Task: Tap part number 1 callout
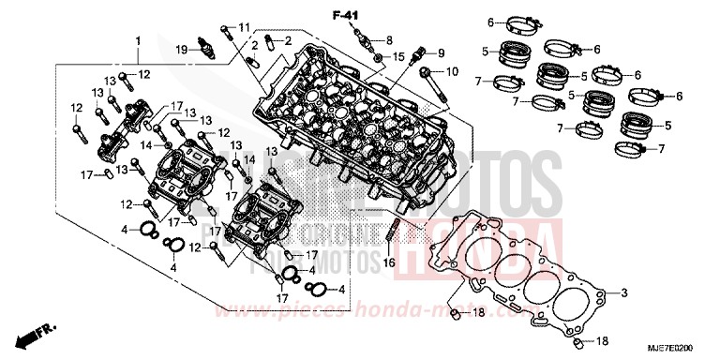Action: tap(139, 41)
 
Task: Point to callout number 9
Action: tap(441, 52)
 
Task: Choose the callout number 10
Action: tap(453, 71)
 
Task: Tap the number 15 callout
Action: tap(398, 58)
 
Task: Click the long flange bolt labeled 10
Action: tap(432, 82)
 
